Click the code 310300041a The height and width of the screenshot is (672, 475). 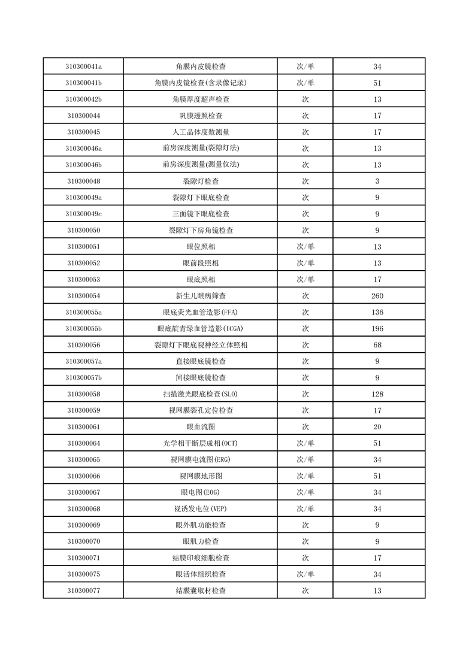tap(83, 66)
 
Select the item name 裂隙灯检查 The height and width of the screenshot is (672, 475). tap(200, 181)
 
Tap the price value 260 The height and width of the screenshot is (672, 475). tap(377, 296)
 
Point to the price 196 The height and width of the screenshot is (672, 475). tap(377, 329)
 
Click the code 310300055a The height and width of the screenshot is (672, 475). tap(83, 312)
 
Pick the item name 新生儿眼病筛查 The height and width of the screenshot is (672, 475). tap(200, 296)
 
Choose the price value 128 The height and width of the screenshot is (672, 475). tap(377, 394)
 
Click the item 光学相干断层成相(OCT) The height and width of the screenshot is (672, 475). tap(200, 443)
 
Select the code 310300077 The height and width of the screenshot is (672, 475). tap(83, 591)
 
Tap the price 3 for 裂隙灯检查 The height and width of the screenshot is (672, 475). tap(377, 181)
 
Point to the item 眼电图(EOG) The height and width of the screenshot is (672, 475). tap(200, 492)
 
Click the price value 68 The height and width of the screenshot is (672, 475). tap(377, 345)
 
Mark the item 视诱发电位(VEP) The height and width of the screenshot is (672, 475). tap(200, 508)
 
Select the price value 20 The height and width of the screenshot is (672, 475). tap(377, 427)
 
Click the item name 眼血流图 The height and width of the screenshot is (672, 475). tap(200, 427)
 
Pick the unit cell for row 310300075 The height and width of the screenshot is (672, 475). tap(305, 574)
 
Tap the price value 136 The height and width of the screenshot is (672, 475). tap(377, 312)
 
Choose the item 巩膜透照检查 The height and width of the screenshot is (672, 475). tap(200, 116)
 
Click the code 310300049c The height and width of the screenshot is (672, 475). tap(83, 214)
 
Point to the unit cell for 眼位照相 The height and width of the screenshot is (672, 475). tap(305, 247)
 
